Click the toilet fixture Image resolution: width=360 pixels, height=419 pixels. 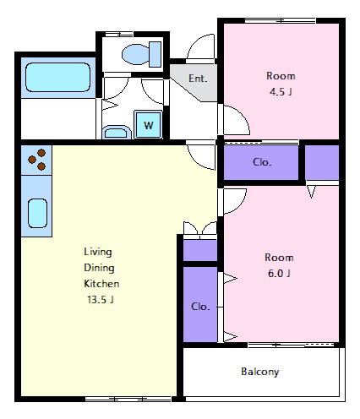point(142,54)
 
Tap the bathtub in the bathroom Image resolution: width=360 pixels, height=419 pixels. point(58,78)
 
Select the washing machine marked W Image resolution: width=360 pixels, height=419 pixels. point(149,124)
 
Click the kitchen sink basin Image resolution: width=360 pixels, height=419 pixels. point(37,213)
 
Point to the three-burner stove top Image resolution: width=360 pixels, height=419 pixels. point(36,160)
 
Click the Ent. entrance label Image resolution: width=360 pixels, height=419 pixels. point(198,79)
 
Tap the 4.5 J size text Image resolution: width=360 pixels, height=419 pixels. point(281,92)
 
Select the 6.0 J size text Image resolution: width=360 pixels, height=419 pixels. point(279,273)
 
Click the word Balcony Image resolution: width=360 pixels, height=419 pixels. point(260,372)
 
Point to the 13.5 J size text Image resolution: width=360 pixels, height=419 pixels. point(101,299)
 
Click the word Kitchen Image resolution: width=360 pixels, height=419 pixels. point(101,283)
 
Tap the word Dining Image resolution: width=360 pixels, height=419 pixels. point(99,268)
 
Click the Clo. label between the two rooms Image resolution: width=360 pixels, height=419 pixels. point(262,162)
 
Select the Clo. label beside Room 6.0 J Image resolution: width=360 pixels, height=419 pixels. point(200,307)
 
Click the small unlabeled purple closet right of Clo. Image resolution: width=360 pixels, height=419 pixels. point(322,162)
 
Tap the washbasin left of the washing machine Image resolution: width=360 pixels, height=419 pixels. point(117,132)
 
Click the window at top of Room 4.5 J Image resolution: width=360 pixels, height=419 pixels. point(280,20)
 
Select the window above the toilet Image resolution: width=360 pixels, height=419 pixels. point(119,35)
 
